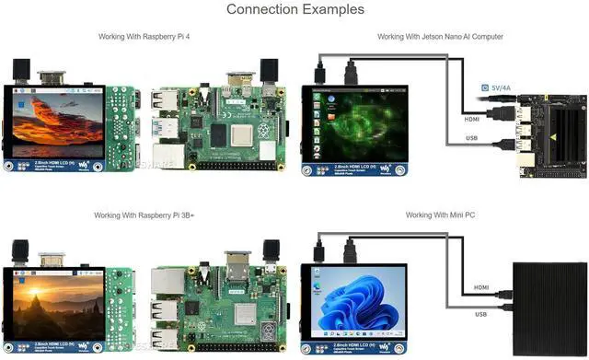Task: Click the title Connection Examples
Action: click(294, 9)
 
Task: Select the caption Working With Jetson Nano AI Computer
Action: click(439, 37)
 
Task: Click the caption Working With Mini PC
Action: click(439, 215)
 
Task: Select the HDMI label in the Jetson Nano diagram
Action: click(470, 117)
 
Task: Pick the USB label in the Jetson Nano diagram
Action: click(470, 138)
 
